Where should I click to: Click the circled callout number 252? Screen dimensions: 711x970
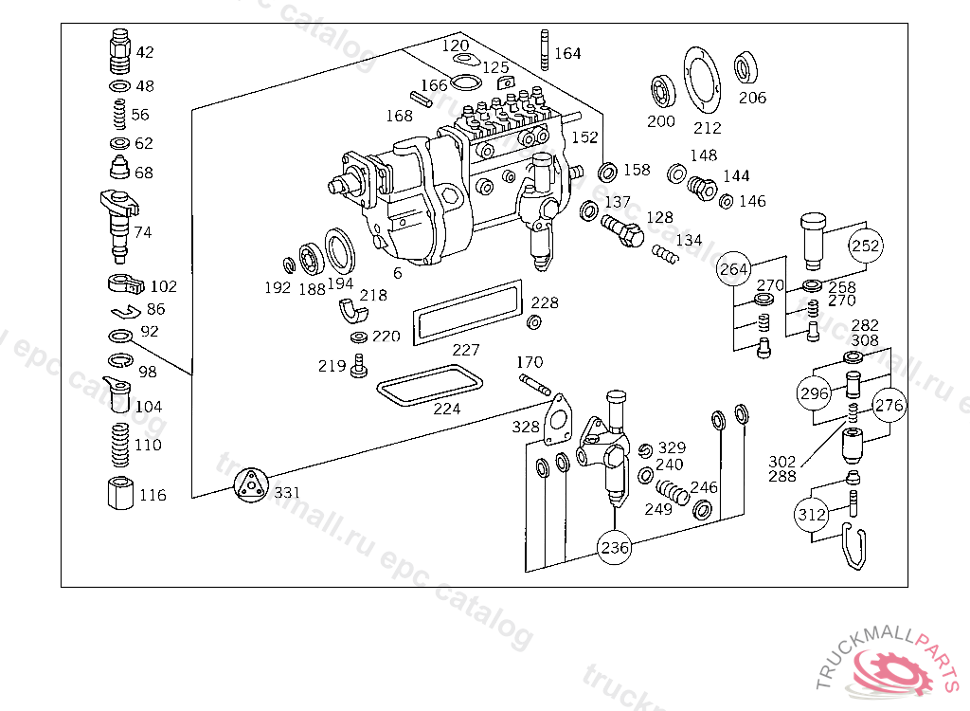tap(866, 246)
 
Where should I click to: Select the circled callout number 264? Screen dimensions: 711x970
tap(734, 269)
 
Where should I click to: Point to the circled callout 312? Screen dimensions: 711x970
tap(812, 515)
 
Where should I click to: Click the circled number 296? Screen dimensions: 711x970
tap(814, 393)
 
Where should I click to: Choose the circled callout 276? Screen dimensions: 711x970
tap(889, 406)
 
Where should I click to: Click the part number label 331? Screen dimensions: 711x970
tap(286, 493)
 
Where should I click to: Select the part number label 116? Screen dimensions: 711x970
tap(153, 495)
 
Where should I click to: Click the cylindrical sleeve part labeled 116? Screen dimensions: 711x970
tap(119, 494)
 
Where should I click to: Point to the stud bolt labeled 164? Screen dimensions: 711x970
tap(545, 50)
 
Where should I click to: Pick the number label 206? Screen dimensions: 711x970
tap(753, 98)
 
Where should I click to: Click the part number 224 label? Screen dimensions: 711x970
tap(447, 409)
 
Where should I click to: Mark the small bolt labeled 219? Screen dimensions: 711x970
tap(358, 366)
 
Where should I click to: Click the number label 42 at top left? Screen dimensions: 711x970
tap(144, 52)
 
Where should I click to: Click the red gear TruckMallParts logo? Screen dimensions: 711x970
tap(895, 670)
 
